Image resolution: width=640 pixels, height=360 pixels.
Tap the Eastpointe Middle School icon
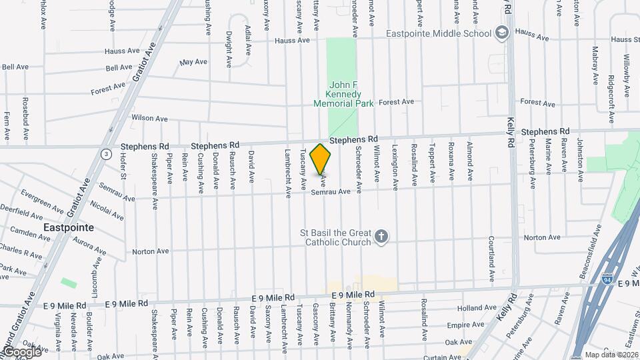point(502,33)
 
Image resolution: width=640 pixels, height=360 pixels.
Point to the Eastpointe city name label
point(67,227)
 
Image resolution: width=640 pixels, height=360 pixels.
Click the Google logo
point(21,351)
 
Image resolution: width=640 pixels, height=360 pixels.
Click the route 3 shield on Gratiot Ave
point(105,154)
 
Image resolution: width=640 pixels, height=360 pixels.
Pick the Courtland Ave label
point(491,256)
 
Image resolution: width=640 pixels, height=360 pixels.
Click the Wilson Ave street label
point(149,118)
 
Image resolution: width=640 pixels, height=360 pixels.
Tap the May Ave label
point(194,62)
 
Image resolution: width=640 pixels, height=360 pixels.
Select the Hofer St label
point(123,167)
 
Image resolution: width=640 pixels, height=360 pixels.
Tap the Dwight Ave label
point(228,49)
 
